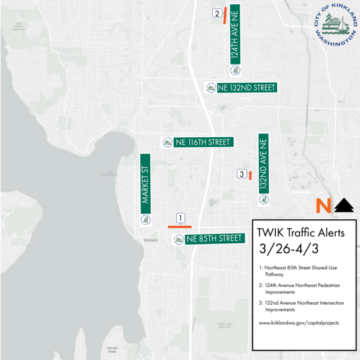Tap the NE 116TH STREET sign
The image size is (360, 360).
pos(197,142)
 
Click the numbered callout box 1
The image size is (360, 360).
pos(181,218)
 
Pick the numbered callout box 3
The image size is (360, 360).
pos(241,174)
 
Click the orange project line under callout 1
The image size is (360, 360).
pos(180,227)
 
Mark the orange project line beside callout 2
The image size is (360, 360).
pos(225,16)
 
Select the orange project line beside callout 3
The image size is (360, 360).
pos(250,176)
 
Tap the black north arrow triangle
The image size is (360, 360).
pos(344,205)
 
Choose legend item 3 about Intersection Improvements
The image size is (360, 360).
pos(298,306)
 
